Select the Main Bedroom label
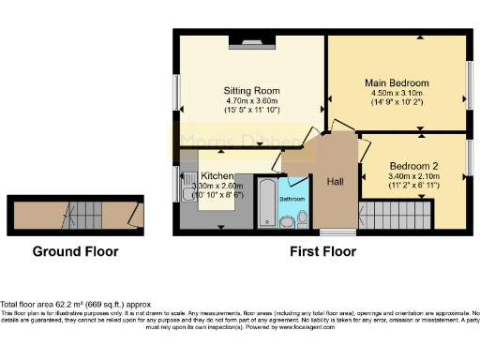pyautogui.click(x=397, y=82)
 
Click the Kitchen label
pyautogui.click(x=217, y=176)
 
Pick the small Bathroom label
pyautogui.click(x=291, y=199)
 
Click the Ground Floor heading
pyautogui.click(x=75, y=251)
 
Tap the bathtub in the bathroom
pyautogui.click(x=267, y=202)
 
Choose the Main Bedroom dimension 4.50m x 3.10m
pyautogui.click(x=397, y=93)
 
